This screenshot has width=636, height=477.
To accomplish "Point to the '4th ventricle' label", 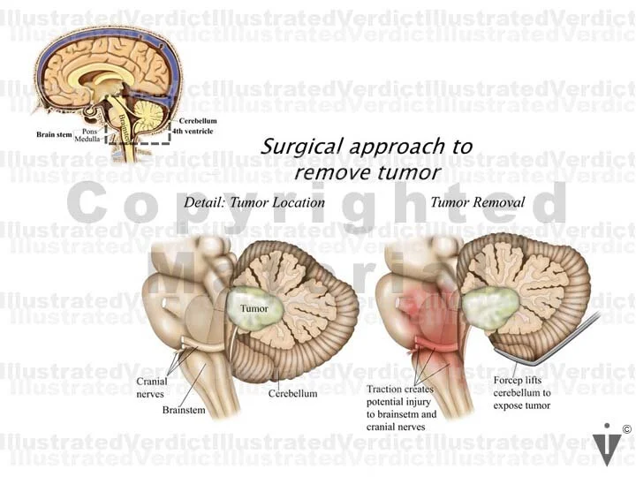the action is click(x=195, y=132).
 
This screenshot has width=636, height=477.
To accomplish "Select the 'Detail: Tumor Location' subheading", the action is click(x=254, y=202).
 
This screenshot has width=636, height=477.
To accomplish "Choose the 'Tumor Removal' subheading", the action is click(x=477, y=202).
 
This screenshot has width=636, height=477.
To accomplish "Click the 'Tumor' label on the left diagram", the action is click(x=254, y=309).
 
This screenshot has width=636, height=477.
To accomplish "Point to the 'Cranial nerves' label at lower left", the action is click(x=153, y=388).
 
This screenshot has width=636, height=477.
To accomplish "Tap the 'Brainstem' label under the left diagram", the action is click(x=183, y=411).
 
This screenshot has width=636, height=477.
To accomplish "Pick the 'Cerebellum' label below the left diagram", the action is click(x=292, y=393).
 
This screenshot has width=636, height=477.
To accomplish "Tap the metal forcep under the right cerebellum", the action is click(x=548, y=360).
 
